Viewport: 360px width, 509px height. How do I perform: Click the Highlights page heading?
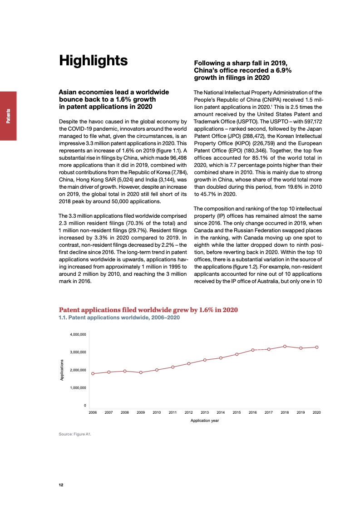[94, 61]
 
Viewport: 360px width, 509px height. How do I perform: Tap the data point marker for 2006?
[93, 373]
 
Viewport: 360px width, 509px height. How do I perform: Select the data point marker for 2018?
[285, 346]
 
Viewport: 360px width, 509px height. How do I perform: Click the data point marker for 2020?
[317, 347]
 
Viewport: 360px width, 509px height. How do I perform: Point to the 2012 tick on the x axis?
[189, 412]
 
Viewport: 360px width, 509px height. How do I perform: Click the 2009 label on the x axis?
[141, 412]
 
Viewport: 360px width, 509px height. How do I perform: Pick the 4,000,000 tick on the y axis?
[78, 334]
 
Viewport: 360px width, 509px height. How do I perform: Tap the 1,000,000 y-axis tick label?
[78, 388]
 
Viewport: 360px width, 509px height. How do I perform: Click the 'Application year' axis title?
[205, 421]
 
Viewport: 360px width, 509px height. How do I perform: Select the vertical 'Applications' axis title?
[62, 370]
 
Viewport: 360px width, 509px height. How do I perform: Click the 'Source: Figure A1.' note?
[75, 435]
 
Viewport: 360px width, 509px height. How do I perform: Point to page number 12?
[61, 485]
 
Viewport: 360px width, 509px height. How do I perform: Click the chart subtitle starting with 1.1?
[119, 318]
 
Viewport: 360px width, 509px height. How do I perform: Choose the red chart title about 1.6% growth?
[148, 310]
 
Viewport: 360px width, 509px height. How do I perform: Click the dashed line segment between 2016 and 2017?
[261, 349]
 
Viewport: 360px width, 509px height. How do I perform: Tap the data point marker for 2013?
[205, 360]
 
